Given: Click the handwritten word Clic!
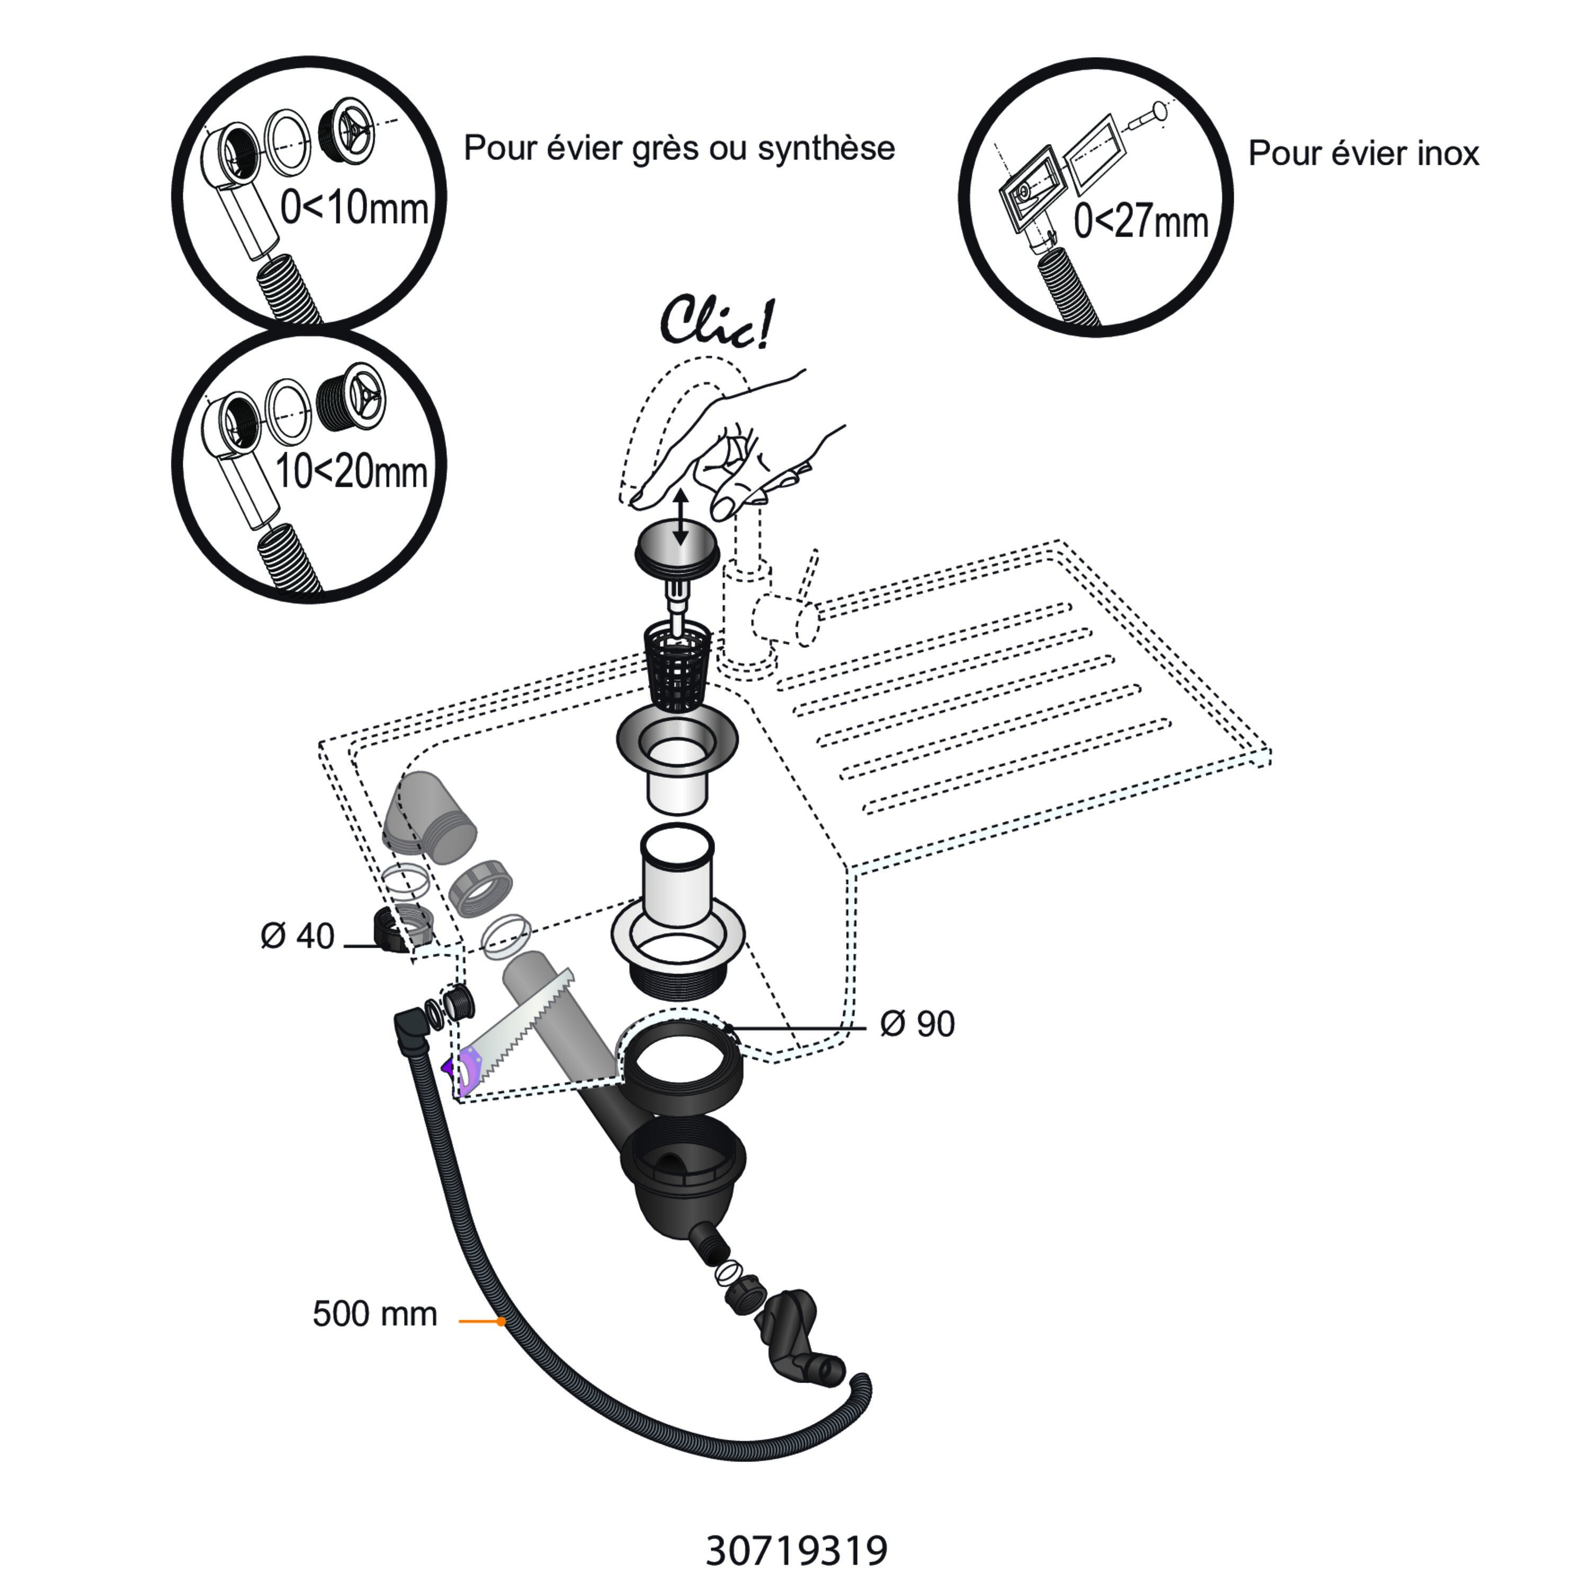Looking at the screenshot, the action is click(717, 323).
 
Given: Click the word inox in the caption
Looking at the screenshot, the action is click(1448, 153).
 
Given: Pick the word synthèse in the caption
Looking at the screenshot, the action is click(827, 148).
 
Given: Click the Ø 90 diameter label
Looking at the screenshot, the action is click(917, 1024).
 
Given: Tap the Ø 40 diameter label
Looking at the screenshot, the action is click(297, 936).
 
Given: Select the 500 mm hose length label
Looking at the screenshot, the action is click(374, 1314).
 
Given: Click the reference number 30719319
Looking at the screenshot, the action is click(796, 1550).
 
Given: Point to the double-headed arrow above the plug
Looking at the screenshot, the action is click(680, 517).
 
